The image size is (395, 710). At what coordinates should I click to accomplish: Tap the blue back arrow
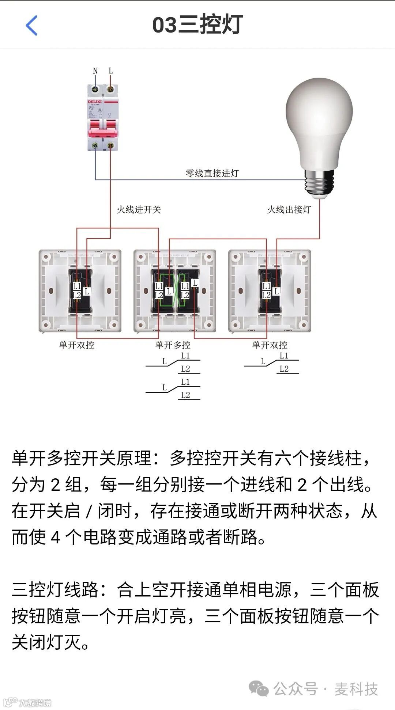point(32,26)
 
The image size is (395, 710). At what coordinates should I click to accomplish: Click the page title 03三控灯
point(197,25)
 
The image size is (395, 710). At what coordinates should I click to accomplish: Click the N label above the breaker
point(95,71)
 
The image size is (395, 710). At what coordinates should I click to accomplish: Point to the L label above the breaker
point(111,71)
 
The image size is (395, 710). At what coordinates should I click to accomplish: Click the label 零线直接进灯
point(212,173)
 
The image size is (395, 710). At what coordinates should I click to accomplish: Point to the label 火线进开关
point(139,209)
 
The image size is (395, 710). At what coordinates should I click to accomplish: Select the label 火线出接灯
point(289,209)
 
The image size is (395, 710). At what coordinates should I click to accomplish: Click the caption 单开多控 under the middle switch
point(173,345)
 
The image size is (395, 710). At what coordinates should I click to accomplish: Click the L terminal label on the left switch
point(86,291)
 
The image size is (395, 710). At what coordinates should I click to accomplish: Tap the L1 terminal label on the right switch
point(266,286)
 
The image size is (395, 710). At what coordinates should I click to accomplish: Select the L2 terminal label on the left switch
point(76,295)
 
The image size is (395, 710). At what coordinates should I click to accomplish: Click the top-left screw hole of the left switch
point(46,257)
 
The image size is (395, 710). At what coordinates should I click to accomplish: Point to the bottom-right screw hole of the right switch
point(304,324)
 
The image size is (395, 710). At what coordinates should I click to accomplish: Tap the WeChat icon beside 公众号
point(258,689)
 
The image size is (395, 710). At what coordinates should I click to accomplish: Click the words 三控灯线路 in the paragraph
point(55,590)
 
